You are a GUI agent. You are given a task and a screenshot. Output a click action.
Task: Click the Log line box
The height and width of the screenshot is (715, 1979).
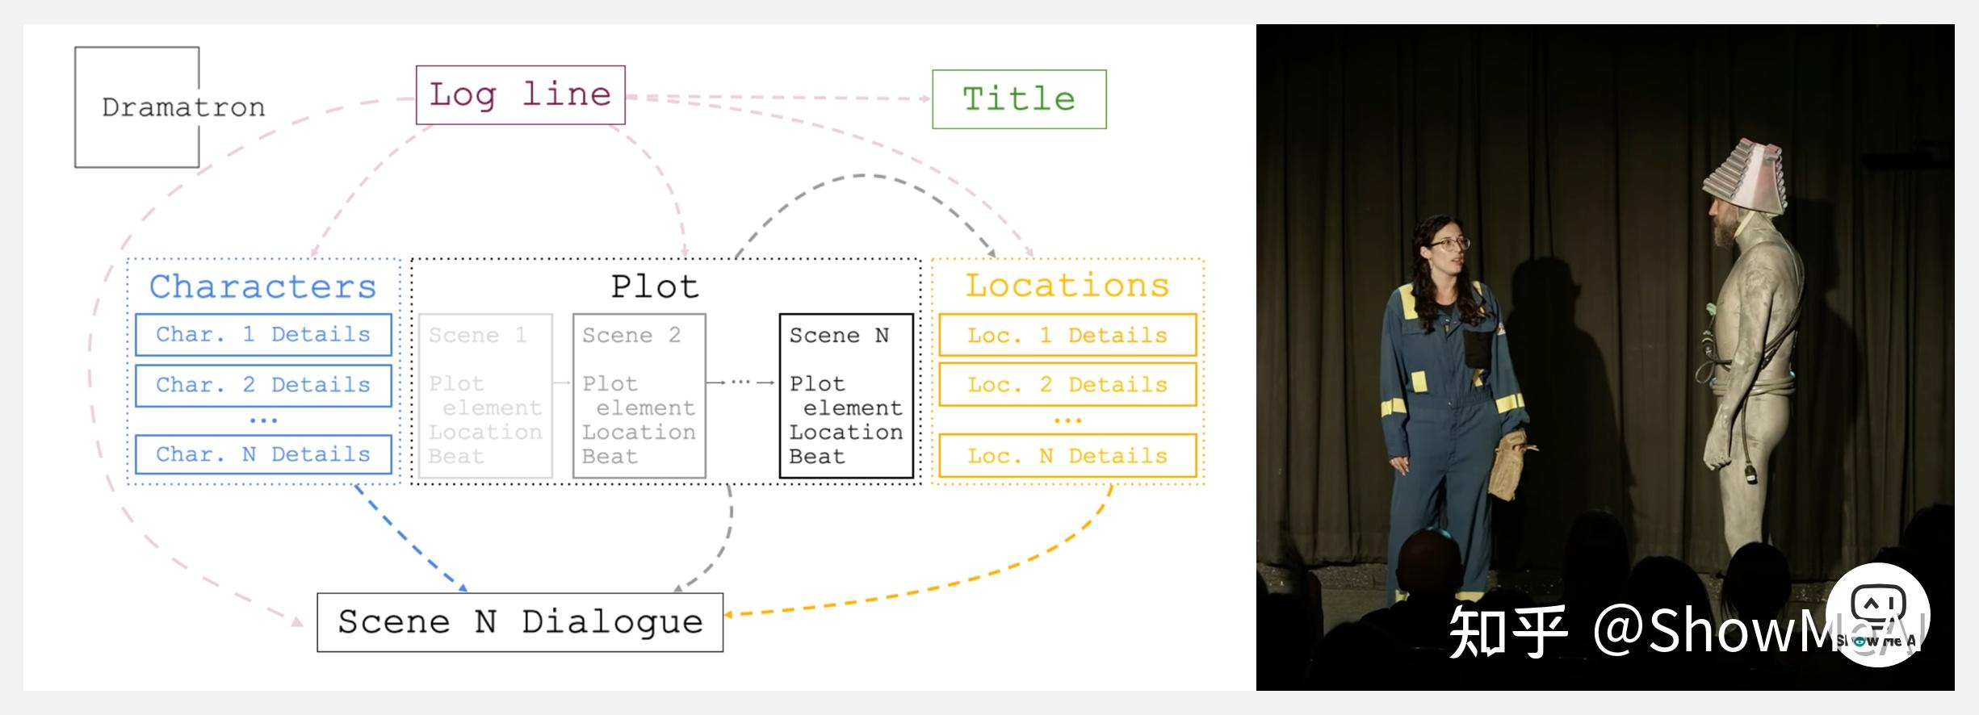(x=520, y=95)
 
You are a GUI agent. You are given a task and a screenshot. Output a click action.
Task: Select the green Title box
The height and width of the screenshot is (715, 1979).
(x=1019, y=99)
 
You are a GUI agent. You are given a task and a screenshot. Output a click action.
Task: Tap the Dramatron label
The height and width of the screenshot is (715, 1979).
(x=183, y=107)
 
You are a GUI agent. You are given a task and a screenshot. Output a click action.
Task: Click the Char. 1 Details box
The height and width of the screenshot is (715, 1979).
(x=263, y=335)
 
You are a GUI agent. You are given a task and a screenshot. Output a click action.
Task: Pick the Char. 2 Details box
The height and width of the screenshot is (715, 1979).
(x=263, y=385)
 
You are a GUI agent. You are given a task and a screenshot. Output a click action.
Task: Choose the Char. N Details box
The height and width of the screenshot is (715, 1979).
(x=263, y=454)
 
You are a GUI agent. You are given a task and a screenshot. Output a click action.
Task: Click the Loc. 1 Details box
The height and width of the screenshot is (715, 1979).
(x=1067, y=335)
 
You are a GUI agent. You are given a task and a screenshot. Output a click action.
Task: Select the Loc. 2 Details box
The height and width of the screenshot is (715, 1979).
(x=1067, y=385)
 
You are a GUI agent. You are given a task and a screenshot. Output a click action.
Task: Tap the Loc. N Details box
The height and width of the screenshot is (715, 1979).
(x=1067, y=456)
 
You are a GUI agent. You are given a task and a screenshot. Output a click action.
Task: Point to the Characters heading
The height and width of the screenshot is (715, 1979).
(x=263, y=286)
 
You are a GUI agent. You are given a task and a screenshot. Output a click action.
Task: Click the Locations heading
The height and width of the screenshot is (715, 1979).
(x=1067, y=286)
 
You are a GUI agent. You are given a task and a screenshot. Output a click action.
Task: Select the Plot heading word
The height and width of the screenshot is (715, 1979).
(x=655, y=286)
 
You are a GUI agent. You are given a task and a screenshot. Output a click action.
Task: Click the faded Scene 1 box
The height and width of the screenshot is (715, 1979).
(x=485, y=395)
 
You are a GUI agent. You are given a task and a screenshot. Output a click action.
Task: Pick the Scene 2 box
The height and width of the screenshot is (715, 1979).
(x=639, y=395)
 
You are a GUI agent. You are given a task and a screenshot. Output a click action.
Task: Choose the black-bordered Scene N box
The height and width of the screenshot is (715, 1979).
(x=845, y=395)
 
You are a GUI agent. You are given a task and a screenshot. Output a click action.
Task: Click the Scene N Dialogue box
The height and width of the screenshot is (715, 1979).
(x=520, y=622)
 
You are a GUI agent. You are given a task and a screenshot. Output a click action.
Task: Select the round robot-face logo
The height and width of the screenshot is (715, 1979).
(x=1877, y=614)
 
